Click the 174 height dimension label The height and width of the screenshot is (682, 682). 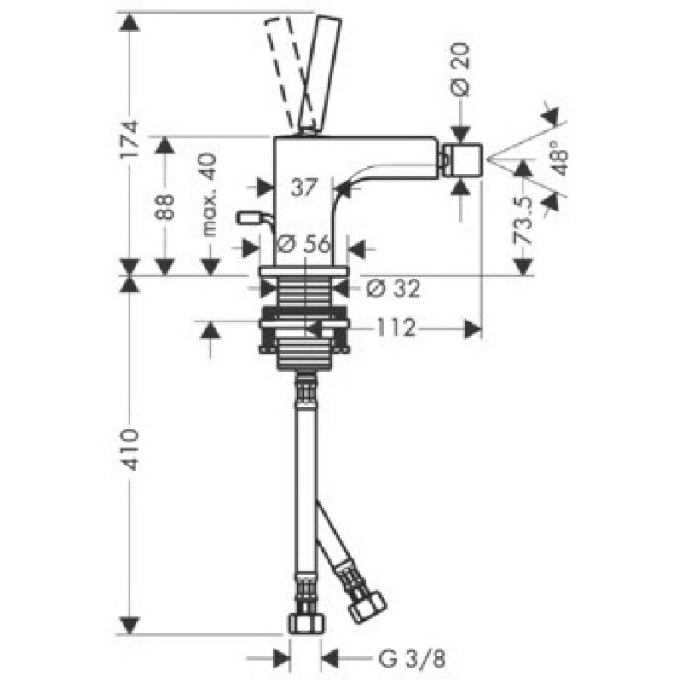(130, 140)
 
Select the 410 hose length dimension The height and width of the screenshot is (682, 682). (130, 449)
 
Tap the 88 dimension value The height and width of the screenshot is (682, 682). (165, 207)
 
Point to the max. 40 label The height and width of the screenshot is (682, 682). (209, 194)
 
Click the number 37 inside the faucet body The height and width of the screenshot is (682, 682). (304, 188)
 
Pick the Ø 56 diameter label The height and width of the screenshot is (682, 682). (303, 244)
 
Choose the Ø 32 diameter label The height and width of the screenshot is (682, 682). (393, 288)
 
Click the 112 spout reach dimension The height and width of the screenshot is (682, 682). (396, 328)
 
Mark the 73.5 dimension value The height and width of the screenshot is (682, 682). (523, 220)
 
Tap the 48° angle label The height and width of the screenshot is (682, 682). (560, 157)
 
